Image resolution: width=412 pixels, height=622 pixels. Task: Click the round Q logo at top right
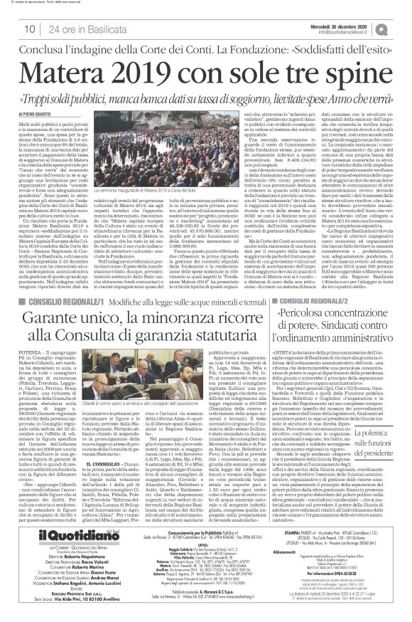[x=402, y=26]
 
